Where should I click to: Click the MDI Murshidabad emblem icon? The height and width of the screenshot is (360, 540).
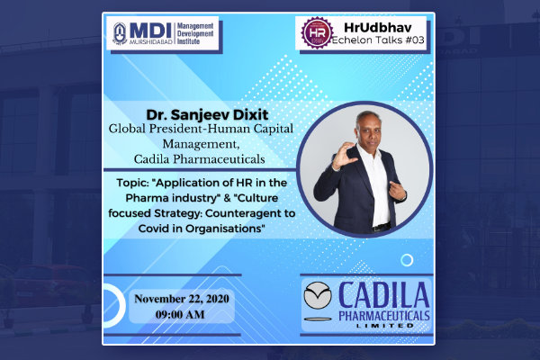click(x=120, y=33)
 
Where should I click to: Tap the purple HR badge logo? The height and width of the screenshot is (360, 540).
click(x=317, y=32)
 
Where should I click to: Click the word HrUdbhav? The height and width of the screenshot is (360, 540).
click(x=377, y=27)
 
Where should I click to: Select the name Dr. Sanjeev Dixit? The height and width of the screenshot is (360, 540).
click(x=207, y=114)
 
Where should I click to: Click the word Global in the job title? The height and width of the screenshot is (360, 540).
click(x=127, y=129)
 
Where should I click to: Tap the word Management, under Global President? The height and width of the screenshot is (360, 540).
click(x=201, y=144)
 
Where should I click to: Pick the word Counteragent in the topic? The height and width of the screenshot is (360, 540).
click(x=243, y=213)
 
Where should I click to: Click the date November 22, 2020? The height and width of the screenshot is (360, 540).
click(x=182, y=299)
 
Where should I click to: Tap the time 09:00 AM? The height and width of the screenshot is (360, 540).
click(x=180, y=314)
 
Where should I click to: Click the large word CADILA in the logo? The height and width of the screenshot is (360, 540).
click(x=383, y=295)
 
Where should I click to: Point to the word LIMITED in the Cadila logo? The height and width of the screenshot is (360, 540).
click(x=384, y=326)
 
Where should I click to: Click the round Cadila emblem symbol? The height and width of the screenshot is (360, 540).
click(x=318, y=295)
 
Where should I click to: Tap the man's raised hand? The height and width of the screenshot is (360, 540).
click(x=344, y=155)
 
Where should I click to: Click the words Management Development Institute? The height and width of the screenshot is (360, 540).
click(x=195, y=34)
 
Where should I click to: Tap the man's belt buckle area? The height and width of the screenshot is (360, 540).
click(x=382, y=228)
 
